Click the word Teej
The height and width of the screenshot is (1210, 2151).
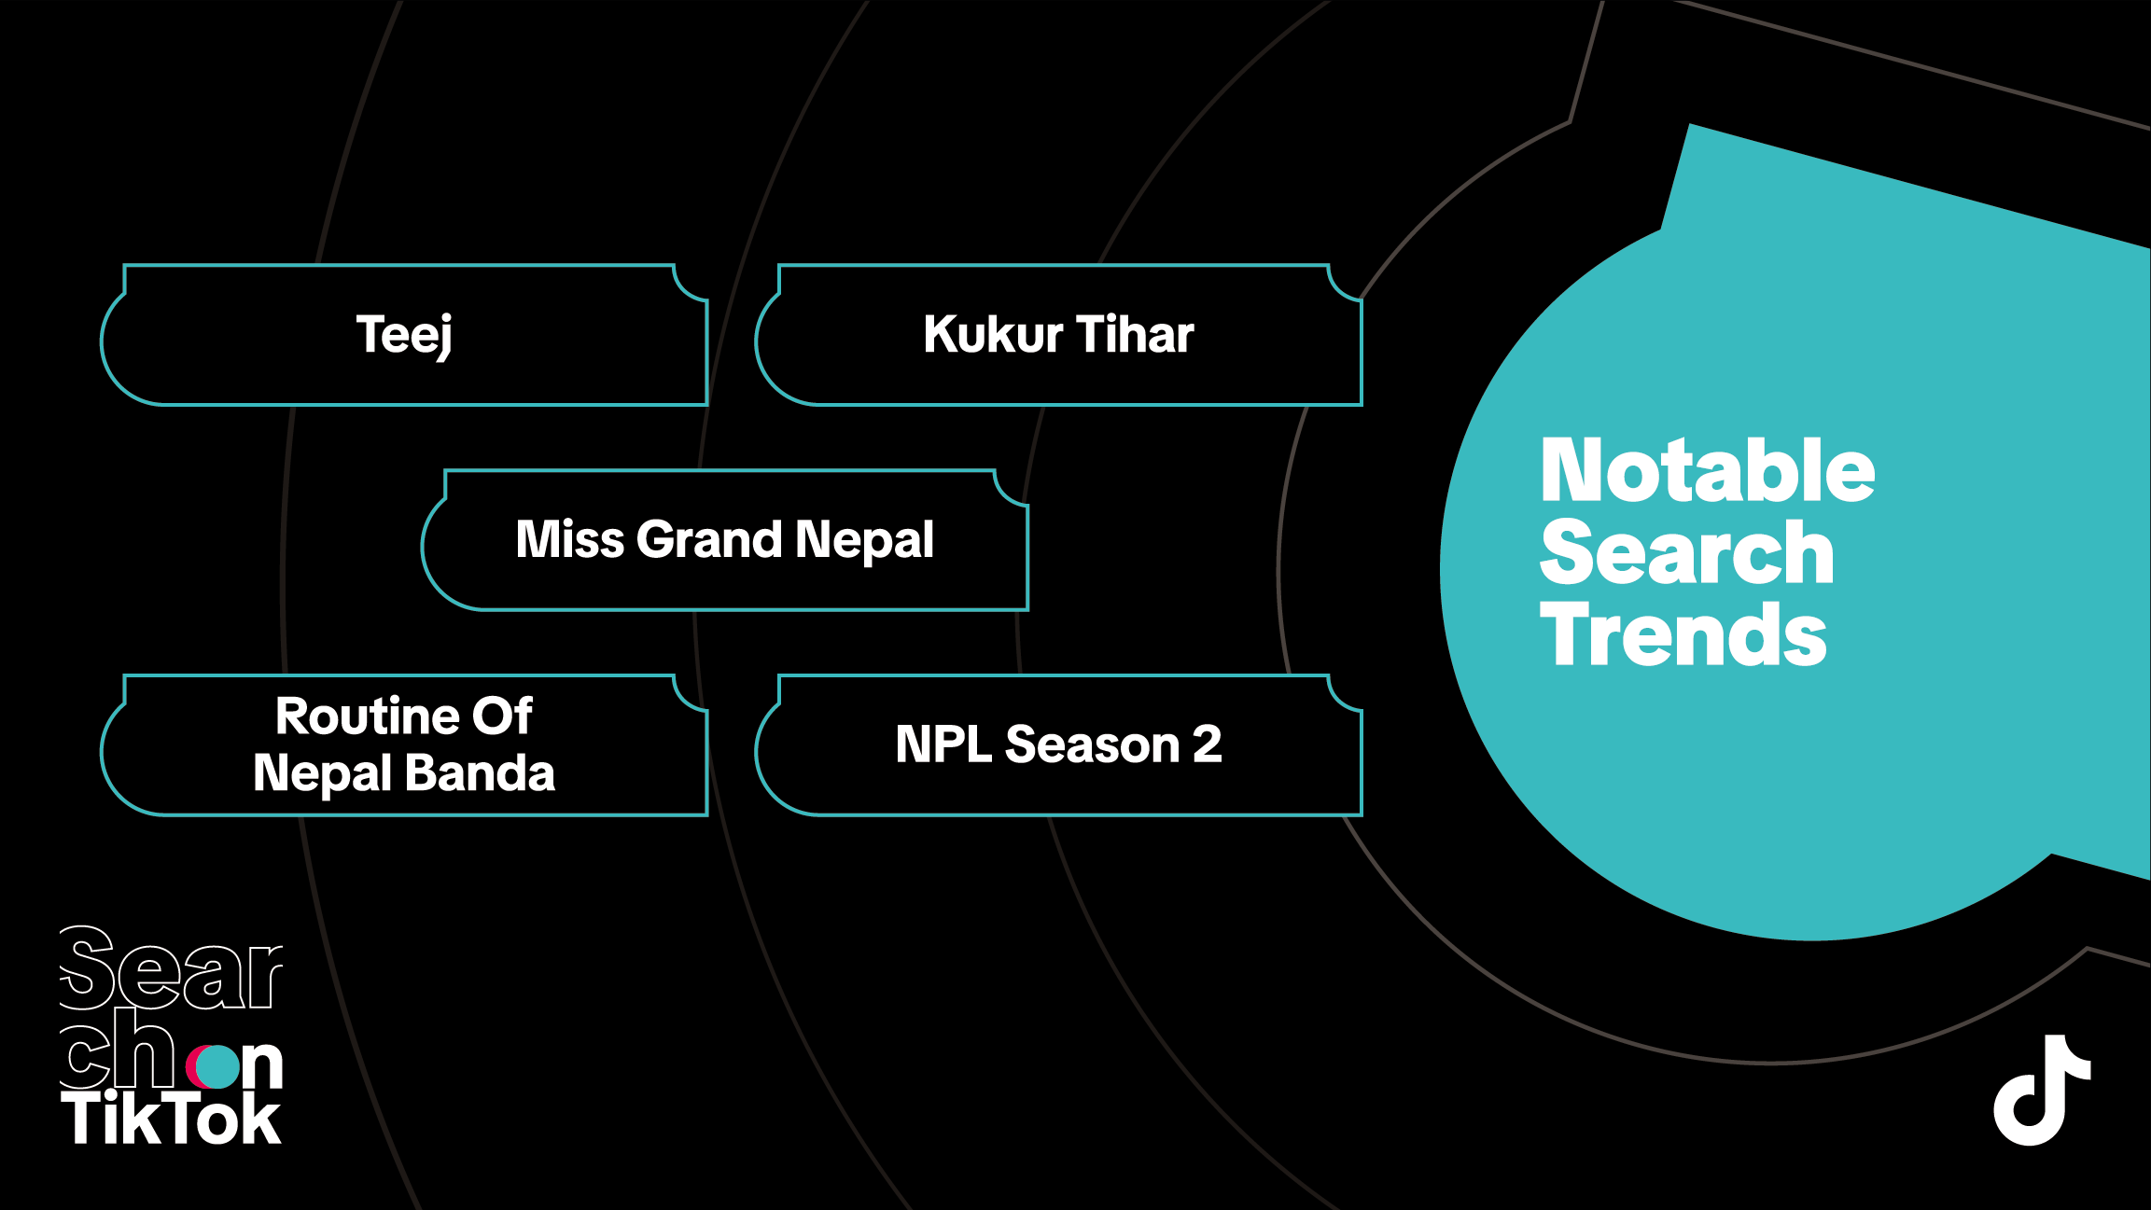coord(404,336)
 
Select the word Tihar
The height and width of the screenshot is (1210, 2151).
coord(1135,334)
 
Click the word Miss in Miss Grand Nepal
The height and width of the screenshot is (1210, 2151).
coord(570,539)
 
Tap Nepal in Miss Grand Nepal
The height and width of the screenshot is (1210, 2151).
coord(864,541)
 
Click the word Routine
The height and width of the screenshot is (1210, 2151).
coord(366,716)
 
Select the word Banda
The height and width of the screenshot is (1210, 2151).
coord(481,773)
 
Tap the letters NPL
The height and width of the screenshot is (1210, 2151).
coord(943,744)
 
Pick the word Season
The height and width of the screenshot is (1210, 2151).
coord(1093,744)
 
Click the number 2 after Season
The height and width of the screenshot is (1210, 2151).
coord(1208,744)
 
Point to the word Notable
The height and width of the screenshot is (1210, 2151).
coord(1708,470)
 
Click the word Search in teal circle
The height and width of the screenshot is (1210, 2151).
coord(1687,552)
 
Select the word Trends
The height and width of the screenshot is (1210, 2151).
coord(1683,634)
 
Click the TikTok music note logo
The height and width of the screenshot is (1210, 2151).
coord(2042,1090)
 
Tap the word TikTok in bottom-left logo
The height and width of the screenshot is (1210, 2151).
coord(171,1119)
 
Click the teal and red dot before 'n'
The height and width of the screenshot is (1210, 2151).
coord(214,1067)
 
